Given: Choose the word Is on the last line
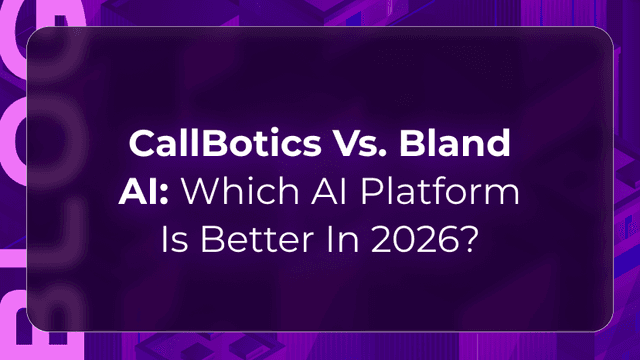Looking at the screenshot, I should (175, 239).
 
